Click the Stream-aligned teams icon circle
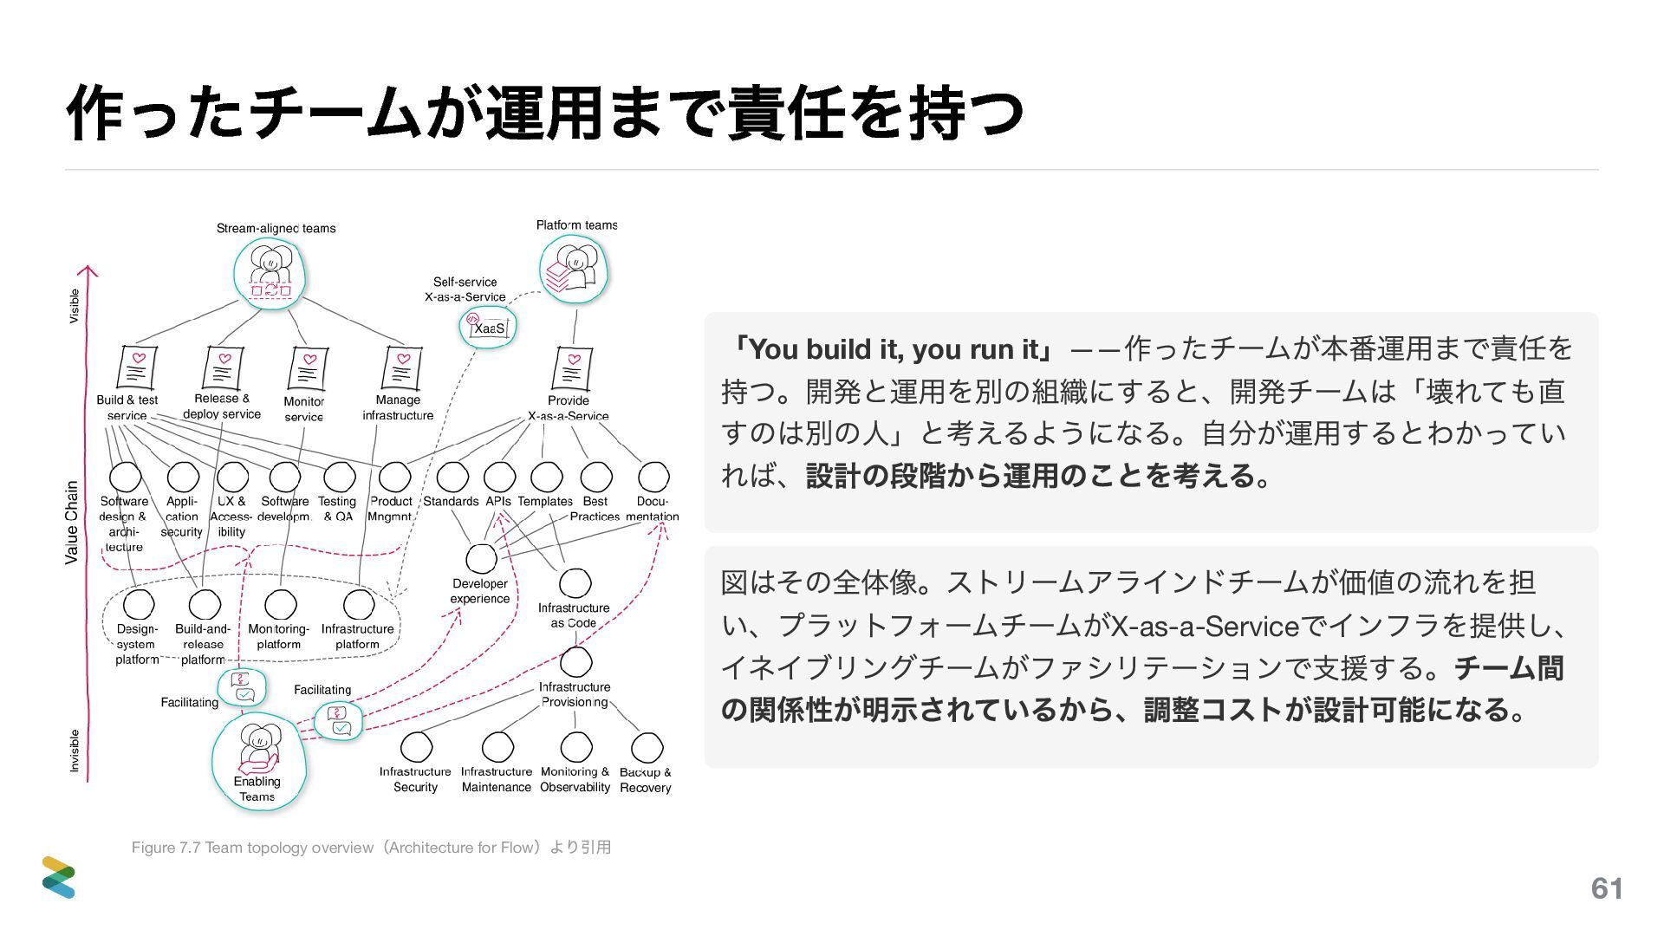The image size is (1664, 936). (x=270, y=274)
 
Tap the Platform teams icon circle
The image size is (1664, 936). (x=573, y=270)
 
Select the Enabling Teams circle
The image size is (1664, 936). (x=258, y=761)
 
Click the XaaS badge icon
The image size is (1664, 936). (x=488, y=328)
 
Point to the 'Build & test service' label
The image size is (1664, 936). (x=127, y=407)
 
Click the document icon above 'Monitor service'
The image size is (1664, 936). (x=306, y=369)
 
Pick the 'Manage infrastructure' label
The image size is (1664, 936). (x=398, y=407)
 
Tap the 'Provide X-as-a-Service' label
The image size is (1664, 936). (x=569, y=407)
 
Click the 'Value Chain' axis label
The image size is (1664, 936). (x=72, y=522)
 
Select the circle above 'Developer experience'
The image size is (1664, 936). (x=481, y=559)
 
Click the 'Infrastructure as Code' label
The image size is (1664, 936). (x=574, y=615)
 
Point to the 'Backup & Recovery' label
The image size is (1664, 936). (x=646, y=780)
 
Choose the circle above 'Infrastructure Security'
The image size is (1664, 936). (x=416, y=747)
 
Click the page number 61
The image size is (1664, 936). (x=1607, y=888)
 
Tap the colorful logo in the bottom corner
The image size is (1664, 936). (x=59, y=877)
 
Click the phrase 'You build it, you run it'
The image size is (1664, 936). (x=894, y=349)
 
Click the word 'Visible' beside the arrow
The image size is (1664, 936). (x=75, y=306)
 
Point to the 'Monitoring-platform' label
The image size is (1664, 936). (x=279, y=636)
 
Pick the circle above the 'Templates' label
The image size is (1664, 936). (x=546, y=477)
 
